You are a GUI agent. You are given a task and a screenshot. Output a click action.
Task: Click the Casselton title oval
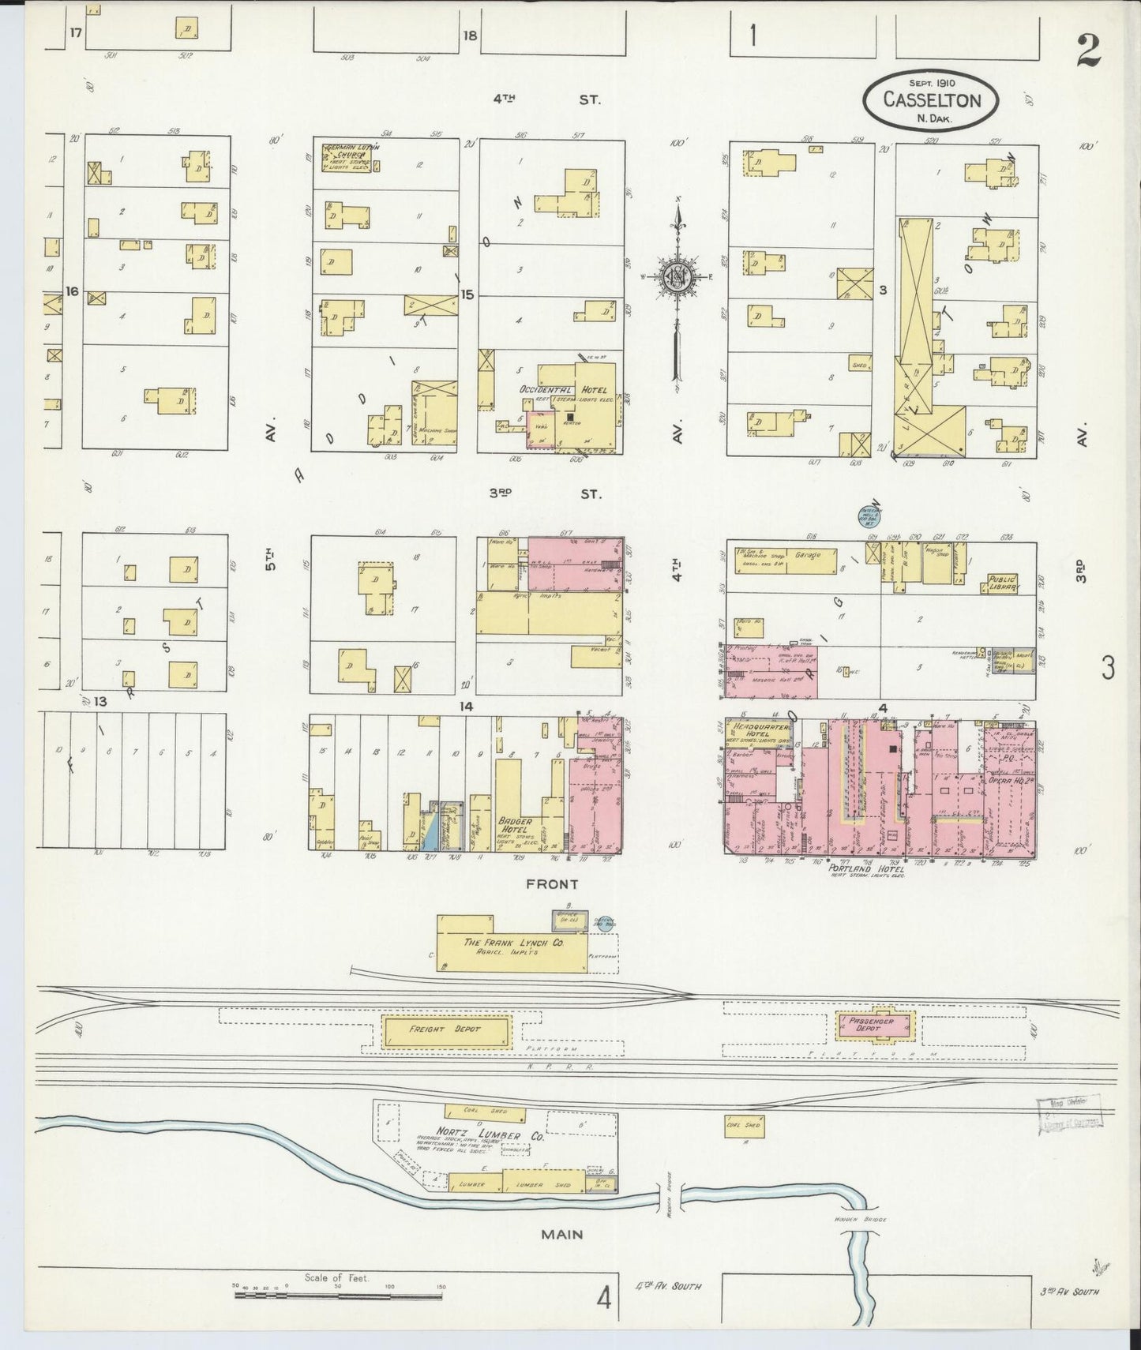[x=931, y=99]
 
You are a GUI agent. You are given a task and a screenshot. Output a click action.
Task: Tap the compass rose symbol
[x=677, y=276]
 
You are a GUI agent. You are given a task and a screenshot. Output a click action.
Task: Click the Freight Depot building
[x=447, y=1030]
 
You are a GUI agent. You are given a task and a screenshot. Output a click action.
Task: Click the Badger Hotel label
[x=514, y=825]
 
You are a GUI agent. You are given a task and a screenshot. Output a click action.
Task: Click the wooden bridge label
[x=860, y=1221]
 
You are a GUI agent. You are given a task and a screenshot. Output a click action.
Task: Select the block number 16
[x=73, y=291]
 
